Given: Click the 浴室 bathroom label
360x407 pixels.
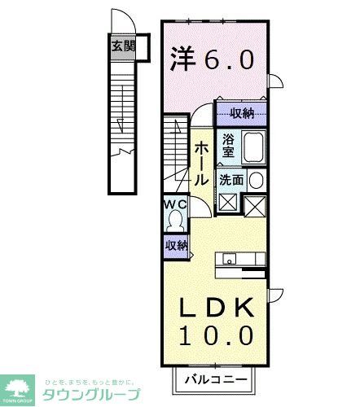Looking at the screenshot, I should (x=227, y=145).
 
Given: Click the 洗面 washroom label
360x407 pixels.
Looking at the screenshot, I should (x=230, y=180).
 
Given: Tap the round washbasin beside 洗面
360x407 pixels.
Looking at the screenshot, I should (x=255, y=180).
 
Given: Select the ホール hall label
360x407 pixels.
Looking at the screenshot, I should (x=202, y=163).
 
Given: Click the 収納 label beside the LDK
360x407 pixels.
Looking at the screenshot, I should (x=177, y=245).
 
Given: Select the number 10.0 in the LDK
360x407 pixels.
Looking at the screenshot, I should (x=215, y=334).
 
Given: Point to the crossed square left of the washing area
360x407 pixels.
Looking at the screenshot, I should (x=228, y=203).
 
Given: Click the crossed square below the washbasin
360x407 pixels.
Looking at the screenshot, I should (x=255, y=206).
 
